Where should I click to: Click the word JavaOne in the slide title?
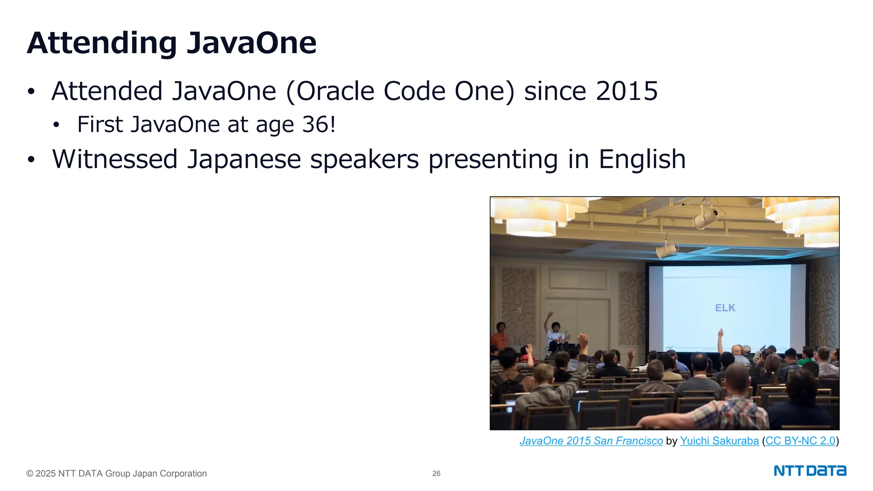[x=251, y=43]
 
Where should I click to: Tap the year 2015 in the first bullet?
[x=627, y=91]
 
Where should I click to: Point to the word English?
[x=642, y=159]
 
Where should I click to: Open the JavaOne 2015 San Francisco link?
[x=591, y=441]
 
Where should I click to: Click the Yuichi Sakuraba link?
[x=719, y=441]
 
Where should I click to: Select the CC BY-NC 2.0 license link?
[x=800, y=441]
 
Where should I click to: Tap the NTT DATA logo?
[x=810, y=471]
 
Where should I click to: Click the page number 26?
[x=436, y=474]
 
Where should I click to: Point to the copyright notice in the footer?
[x=116, y=474]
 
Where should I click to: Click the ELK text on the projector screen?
[x=725, y=308]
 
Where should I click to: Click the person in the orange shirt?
[x=499, y=337]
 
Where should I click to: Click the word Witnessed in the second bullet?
[x=115, y=159]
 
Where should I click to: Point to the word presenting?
[x=493, y=159]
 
